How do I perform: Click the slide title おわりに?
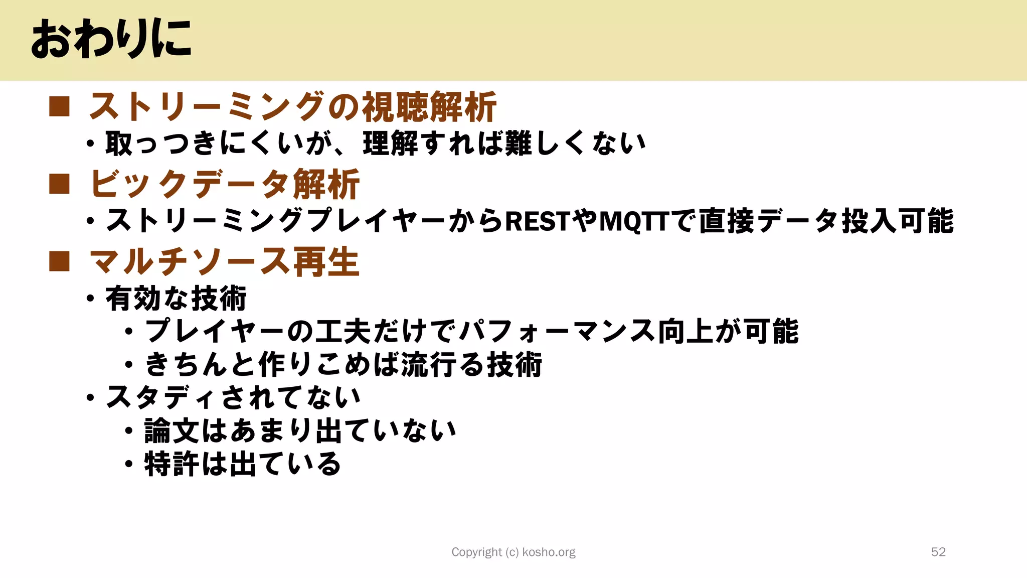[x=111, y=39]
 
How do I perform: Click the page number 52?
[x=938, y=552]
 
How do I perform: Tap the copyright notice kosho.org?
[x=513, y=552]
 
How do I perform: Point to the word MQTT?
[x=634, y=221]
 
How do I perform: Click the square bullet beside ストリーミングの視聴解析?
[x=59, y=107]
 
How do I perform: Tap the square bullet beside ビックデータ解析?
[x=59, y=184]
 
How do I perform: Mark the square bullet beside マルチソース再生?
[x=59, y=261]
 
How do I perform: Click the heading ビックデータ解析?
[x=225, y=184]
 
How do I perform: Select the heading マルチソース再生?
[x=225, y=262]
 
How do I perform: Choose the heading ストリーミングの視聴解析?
[x=292, y=107]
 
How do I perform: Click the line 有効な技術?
[x=176, y=299]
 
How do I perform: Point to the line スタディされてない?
[x=233, y=397]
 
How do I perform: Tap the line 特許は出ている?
[x=243, y=464]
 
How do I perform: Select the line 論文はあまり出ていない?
[x=300, y=430]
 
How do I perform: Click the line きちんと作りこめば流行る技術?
[x=344, y=364]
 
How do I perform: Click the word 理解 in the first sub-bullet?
[x=390, y=144]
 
